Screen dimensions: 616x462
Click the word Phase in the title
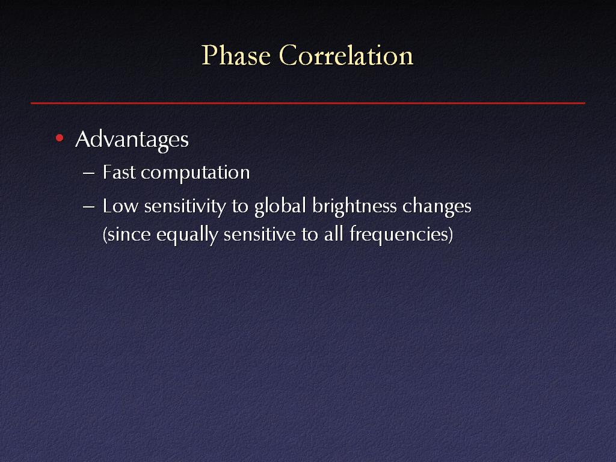tap(236, 55)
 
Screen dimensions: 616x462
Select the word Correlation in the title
tap(346, 55)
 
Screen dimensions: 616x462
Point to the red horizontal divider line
tap(308, 103)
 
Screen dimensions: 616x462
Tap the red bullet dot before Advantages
tap(60, 138)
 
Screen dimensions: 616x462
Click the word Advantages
tap(132, 140)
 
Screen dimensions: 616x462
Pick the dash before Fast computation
tap(89, 173)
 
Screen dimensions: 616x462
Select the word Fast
tap(119, 172)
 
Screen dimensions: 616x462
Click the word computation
tap(196, 173)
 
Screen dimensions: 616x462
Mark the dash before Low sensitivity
tap(89, 207)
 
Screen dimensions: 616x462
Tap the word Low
tap(120, 206)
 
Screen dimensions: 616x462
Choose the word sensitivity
tap(185, 207)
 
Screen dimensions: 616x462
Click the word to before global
tap(239, 207)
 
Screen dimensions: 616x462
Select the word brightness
tap(354, 207)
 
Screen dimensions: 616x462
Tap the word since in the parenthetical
tap(126, 235)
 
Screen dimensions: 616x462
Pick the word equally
tap(187, 235)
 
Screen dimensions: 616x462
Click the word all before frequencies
tap(334, 234)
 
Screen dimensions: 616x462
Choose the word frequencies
tap(401, 235)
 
